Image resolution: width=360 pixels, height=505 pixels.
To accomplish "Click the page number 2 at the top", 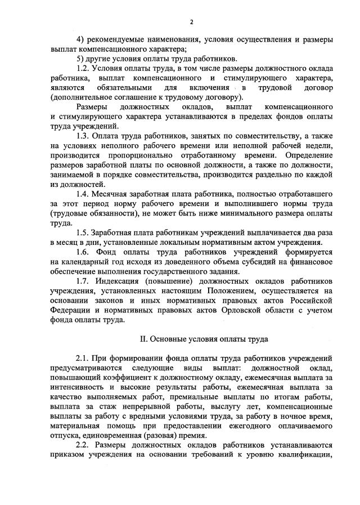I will tap(191, 22).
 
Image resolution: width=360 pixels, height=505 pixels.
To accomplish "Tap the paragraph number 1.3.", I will tap(83, 137).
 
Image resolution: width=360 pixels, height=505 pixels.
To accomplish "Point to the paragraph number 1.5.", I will tap(83, 233).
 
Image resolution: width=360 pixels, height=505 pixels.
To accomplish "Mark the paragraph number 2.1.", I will tap(83, 358).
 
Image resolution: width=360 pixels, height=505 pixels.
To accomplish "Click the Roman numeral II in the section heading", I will tap(143, 339).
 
